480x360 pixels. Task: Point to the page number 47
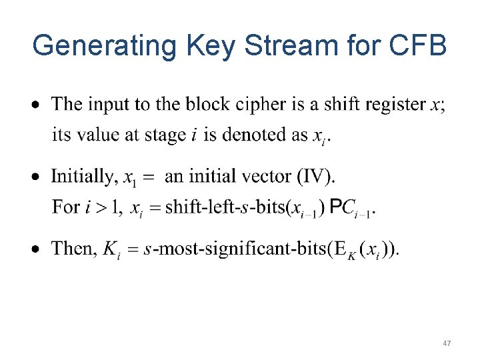(447, 343)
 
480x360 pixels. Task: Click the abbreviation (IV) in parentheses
(318, 177)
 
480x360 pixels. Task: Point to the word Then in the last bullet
(73, 249)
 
